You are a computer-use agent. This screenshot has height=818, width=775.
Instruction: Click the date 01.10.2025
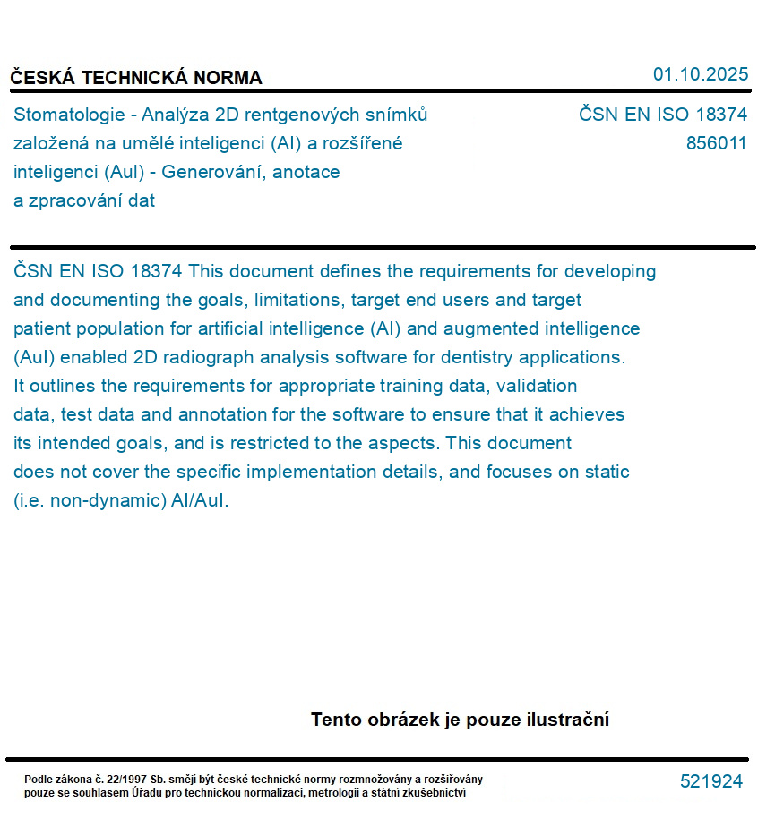[x=700, y=74]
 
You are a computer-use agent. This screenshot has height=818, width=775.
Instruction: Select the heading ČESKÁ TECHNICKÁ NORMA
[x=136, y=78]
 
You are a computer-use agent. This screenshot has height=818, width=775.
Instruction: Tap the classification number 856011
[x=716, y=143]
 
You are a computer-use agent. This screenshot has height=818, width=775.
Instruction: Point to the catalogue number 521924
[x=710, y=781]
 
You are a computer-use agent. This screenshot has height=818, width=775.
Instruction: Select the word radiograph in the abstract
[x=209, y=357]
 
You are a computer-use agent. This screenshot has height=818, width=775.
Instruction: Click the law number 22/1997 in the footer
[x=127, y=780]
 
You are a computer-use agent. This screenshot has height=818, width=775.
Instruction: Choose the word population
[x=117, y=328]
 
